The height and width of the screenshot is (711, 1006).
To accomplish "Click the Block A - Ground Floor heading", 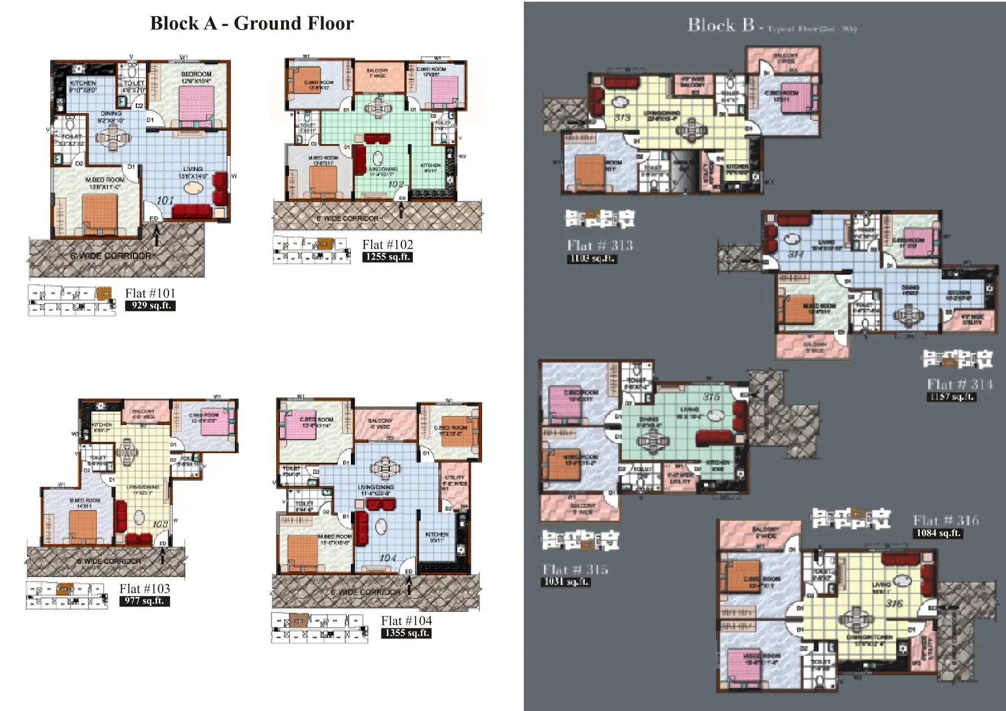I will click(252, 23).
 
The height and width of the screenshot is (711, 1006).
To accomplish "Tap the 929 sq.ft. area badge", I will click(150, 306).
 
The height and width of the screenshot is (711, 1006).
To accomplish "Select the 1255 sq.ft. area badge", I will click(388, 257).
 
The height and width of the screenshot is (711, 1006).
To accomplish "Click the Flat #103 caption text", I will click(145, 589).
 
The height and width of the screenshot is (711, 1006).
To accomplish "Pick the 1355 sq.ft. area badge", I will click(406, 633).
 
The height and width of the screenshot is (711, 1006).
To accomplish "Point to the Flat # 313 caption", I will click(600, 245).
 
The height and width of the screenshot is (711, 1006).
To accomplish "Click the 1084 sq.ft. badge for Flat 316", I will click(938, 533).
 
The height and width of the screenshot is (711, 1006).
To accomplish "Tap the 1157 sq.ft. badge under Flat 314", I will click(951, 397).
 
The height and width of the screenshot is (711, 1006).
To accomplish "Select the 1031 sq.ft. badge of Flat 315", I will click(566, 582).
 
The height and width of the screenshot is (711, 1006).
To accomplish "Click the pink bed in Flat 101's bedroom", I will click(196, 105).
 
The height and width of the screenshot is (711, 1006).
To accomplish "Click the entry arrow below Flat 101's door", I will click(157, 234).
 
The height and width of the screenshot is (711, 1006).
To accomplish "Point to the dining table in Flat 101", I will click(113, 137).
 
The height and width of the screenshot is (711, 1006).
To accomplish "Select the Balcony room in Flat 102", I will click(377, 76).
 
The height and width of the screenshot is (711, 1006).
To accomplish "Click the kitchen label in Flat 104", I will click(437, 537).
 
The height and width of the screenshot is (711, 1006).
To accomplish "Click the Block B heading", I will click(720, 25).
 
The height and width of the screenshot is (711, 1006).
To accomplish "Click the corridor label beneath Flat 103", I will click(109, 561).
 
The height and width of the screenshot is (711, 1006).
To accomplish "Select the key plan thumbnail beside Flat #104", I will click(319, 628).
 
